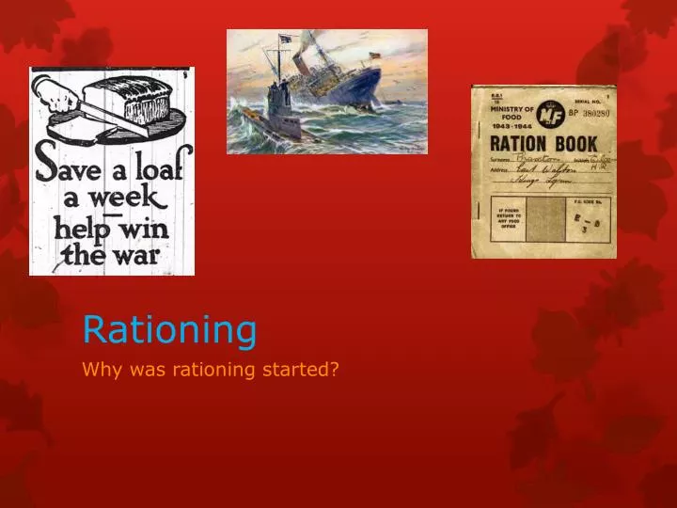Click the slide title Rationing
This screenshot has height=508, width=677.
pyautogui.click(x=169, y=329)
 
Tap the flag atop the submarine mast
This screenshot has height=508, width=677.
pyautogui.click(x=285, y=40)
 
